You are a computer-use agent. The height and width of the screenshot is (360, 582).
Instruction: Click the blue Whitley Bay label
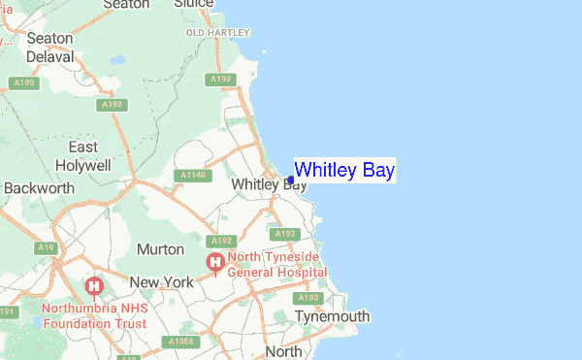[344, 171]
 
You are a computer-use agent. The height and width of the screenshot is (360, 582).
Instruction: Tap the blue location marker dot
[291, 180]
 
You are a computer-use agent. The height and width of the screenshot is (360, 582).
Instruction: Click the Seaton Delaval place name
[49, 48]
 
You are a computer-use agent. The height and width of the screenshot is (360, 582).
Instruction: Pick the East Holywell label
[82, 156]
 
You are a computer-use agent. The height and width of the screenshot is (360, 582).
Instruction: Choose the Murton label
[160, 249]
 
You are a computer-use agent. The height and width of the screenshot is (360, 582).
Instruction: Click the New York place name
[163, 282]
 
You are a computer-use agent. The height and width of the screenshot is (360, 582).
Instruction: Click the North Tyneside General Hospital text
[276, 266]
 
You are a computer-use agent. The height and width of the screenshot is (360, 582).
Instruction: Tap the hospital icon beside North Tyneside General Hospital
[213, 263]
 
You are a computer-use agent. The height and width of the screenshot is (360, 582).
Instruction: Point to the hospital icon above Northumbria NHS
[94, 286]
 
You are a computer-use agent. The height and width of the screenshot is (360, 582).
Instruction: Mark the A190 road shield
[23, 83]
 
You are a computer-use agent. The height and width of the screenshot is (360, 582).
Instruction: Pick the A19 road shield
[45, 249]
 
